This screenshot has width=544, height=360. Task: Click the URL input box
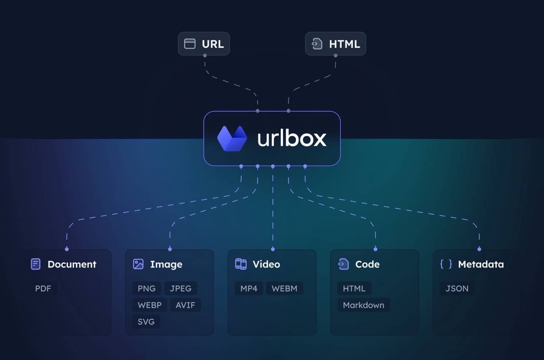(x=204, y=44)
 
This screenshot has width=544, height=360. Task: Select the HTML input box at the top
(x=335, y=44)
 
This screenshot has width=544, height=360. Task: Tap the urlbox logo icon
(x=232, y=139)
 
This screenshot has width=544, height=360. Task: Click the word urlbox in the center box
(x=292, y=139)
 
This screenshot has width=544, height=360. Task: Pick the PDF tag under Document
(x=43, y=289)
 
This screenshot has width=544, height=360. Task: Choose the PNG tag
(x=147, y=289)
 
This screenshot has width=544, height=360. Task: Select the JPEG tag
(x=181, y=289)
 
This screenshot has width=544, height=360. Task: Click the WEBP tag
(x=150, y=305)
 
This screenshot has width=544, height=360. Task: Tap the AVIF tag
(x=185, y=305)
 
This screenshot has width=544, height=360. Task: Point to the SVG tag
(x=146, y=322)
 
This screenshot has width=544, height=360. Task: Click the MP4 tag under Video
(x=249, y=289)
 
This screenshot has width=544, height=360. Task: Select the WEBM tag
(x=284, y=289)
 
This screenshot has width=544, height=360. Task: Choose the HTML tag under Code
(x=354, y=289)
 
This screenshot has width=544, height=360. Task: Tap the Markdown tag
(x=363, y=305)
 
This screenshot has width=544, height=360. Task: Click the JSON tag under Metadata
(x=457, y=289)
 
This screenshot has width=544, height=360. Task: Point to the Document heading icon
(x=36, y=264)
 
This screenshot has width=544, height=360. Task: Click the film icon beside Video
(x=241, y=264)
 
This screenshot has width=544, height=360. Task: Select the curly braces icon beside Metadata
(x=446, y=264)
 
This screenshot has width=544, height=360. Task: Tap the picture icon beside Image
(x=138, y=264)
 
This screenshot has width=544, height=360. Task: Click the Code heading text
(x=367, y=264)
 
